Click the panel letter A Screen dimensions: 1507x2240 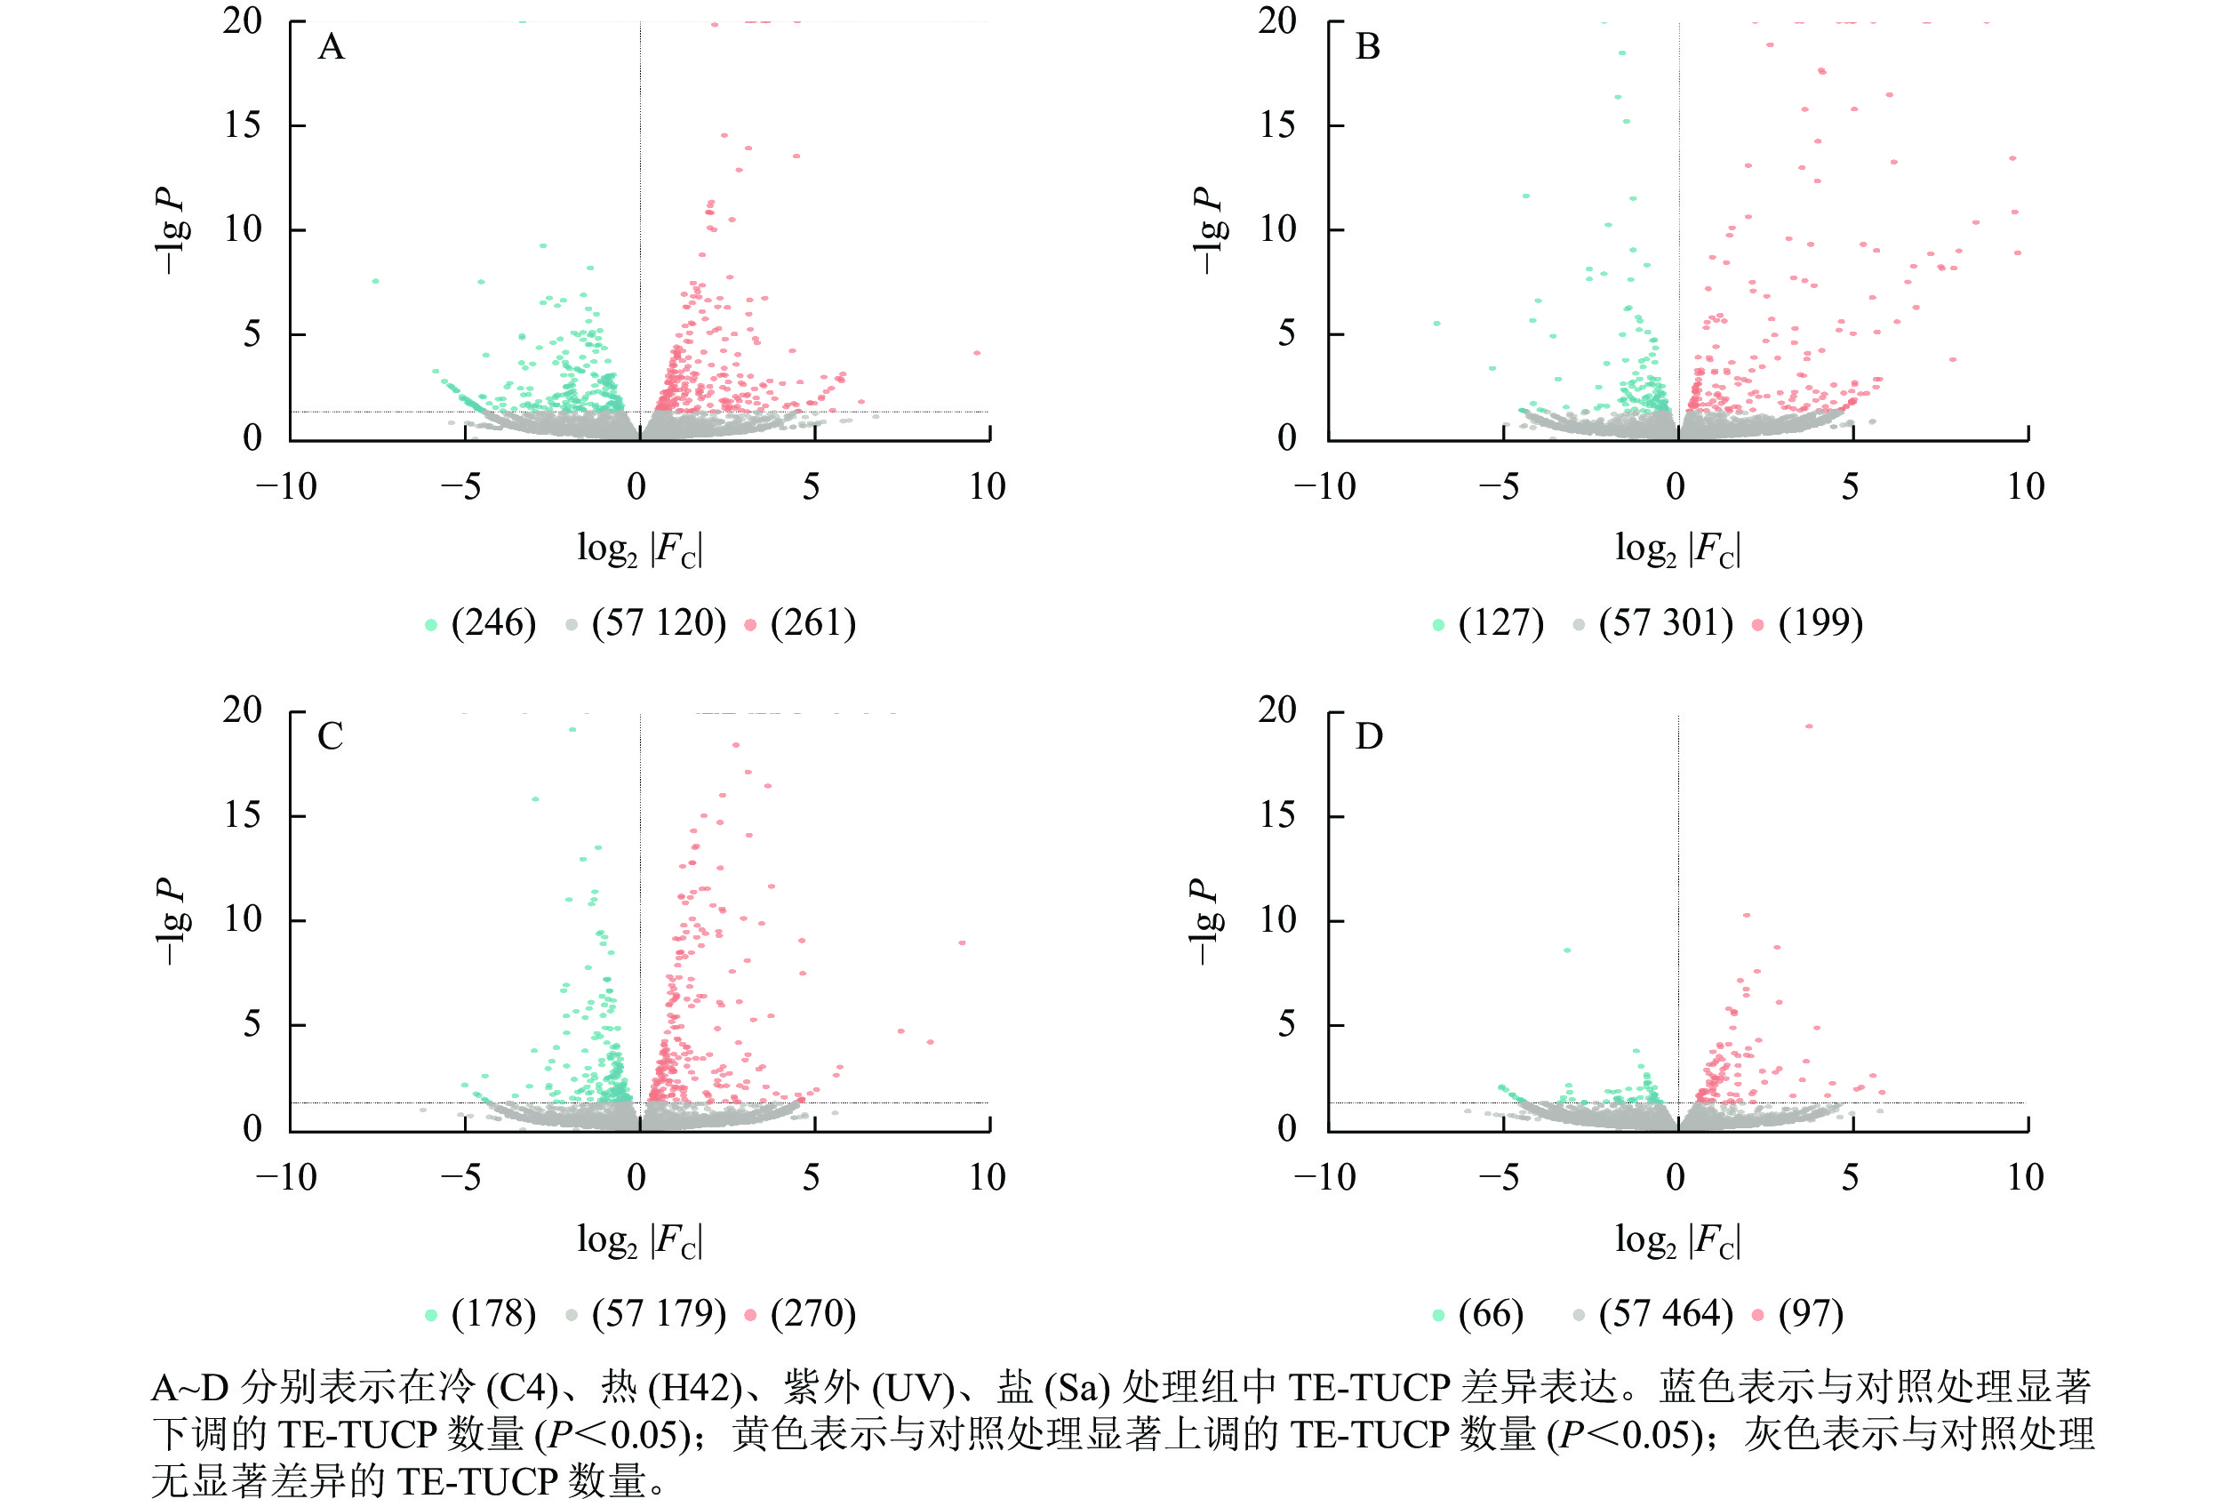point(331,47)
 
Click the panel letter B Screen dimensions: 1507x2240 point(1367,47)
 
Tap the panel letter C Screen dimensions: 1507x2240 point(331,737)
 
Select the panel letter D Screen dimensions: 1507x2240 point(1368,737)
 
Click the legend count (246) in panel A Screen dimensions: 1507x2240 point(493,622)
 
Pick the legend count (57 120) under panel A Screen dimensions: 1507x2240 point(659,622)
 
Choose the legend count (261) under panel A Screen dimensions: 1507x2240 point(813,622)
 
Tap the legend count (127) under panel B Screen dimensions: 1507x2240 point(1500,622)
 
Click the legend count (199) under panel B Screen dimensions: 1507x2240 point(1820,622)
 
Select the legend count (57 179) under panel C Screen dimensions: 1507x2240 point(659,1313)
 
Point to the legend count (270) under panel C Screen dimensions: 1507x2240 point(813,1313)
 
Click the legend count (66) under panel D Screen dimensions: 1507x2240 point(1491,1313)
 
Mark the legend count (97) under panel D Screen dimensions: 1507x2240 point(1811,1313)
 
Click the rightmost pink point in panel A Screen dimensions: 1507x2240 point(976,353)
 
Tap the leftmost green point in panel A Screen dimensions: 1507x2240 point(375,281)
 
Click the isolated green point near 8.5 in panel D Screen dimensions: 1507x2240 point(1567,950)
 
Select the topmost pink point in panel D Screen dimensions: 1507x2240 point(1809,725)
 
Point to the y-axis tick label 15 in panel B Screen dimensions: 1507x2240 point(1277,125)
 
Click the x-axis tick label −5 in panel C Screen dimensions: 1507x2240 point(461,1177)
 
